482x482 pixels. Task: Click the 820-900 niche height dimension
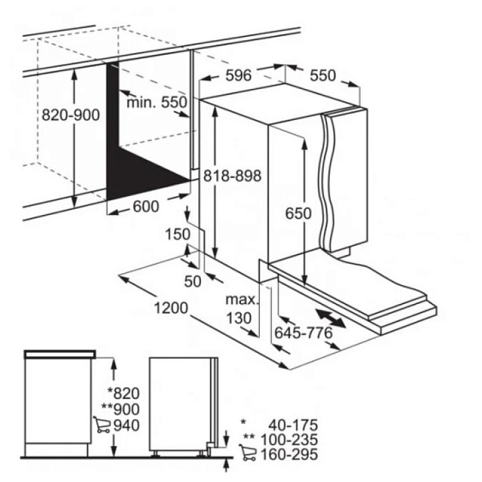71,115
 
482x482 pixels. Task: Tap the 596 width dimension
238,75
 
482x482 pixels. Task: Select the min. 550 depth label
157,102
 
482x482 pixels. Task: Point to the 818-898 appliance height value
232,176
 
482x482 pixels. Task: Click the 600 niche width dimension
146,206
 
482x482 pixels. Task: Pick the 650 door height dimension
298,214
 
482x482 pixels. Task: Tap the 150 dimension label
178,234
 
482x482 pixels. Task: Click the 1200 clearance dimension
171,308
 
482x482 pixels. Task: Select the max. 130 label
242,309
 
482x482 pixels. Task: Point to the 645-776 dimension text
304,333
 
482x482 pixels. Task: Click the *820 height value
124,393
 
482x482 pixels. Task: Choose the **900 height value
120,409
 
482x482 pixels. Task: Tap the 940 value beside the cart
127,426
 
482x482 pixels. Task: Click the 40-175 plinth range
293,426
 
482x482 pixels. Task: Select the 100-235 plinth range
289,440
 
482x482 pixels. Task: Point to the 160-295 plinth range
289,455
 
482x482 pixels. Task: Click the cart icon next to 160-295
248,453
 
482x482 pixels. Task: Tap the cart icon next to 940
102,424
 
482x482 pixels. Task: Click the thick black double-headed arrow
330,318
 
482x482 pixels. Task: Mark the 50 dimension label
193,281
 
